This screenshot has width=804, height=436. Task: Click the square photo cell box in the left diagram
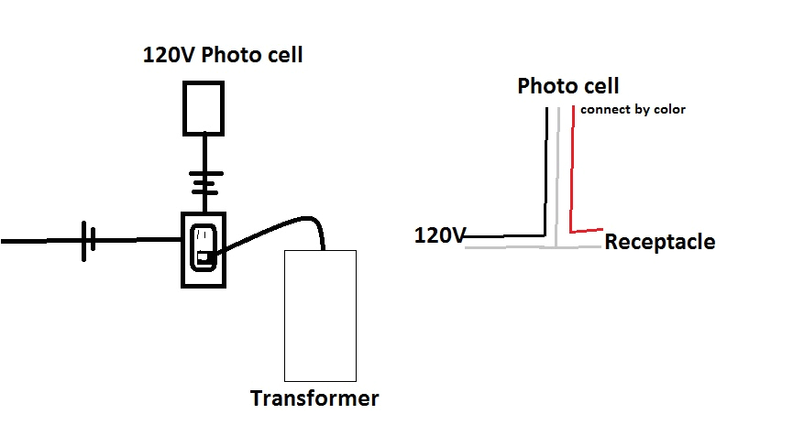203,107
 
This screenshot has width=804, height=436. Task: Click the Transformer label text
314,398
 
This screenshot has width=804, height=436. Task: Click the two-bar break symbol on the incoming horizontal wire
86,241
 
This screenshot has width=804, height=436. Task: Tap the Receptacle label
659,243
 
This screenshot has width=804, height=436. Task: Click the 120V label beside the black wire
440,236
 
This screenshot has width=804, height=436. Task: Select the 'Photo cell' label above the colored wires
567,86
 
